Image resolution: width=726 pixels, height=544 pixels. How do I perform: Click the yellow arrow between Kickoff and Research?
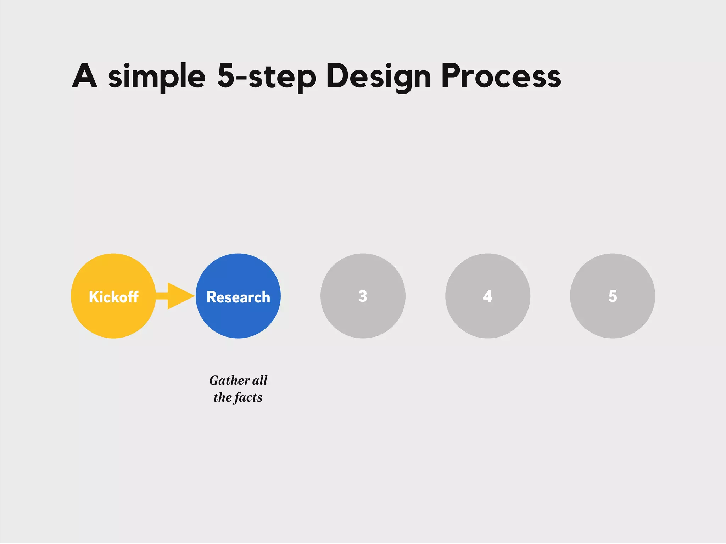click(x=177, y=296)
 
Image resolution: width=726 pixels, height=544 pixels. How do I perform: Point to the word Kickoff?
click(x=113, y=297)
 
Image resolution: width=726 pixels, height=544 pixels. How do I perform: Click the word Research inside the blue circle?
click(x=238, y=297)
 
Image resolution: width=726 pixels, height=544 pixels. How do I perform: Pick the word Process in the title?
click(x=501, y=76)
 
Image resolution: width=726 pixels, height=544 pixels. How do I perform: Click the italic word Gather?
click(x=229, y=380)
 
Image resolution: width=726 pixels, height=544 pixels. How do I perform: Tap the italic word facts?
click(x=248, y=398)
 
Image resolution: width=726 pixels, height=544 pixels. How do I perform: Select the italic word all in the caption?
click(x=260, y=380)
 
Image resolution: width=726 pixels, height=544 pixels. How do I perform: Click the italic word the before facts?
click(x=223, y=397)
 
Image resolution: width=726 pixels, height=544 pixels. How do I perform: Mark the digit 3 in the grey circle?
click(x=363, y=296)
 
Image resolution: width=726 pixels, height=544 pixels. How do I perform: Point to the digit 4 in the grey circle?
click(x=487, y=296)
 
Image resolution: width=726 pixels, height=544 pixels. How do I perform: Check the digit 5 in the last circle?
click(x=613, y=296)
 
